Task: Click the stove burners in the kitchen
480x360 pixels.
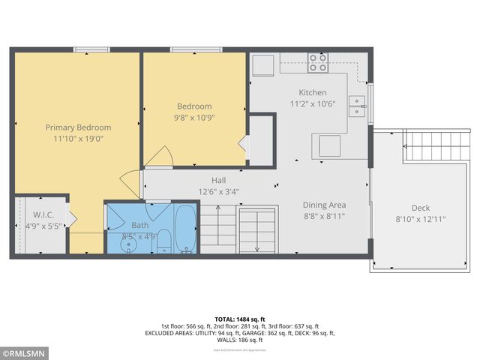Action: (318, 62)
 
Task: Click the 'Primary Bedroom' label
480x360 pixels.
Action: (78, 127)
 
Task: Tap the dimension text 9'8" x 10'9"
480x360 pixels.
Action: (194, 118)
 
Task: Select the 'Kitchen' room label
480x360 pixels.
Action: (313, 93)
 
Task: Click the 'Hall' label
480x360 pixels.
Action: (218, 181)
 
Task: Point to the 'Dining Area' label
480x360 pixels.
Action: (324, 205)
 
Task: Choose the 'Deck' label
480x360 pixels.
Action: (420, 208)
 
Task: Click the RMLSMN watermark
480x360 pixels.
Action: (25, 352)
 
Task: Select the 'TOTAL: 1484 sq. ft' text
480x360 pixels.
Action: (240, 319)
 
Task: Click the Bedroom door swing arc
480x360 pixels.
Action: (159, 157)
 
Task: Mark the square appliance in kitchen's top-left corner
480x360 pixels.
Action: (263, 66)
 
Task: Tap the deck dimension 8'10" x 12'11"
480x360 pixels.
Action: (420, 220)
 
